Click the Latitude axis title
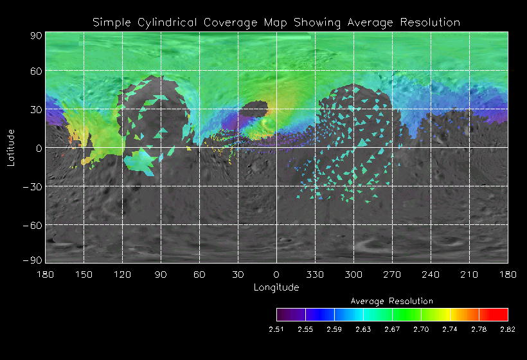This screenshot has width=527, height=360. tap(10, 147)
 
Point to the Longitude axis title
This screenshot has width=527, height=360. tap(276, 287)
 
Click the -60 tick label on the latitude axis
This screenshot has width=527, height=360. tap(32, 225)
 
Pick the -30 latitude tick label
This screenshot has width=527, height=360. tap(32, 186)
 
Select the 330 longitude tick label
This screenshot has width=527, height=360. tap(315, 274)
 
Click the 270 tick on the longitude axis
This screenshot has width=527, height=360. tap(392, 274)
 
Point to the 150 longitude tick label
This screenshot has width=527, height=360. tap(84, 274)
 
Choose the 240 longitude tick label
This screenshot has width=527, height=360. tap(431, 274)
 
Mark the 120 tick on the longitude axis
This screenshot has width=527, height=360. tap(122, 274)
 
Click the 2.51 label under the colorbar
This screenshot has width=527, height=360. tap(276, 329)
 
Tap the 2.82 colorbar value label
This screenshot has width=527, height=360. tap(508, 329)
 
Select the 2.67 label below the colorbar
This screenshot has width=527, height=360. tap(392, 329)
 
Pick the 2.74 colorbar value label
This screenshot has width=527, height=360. tap(450, 329)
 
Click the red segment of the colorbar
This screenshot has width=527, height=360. tap(494, 314)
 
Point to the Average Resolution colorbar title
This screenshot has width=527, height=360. tap(392, 301)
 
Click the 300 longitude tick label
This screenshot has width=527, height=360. tap(353, 274)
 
